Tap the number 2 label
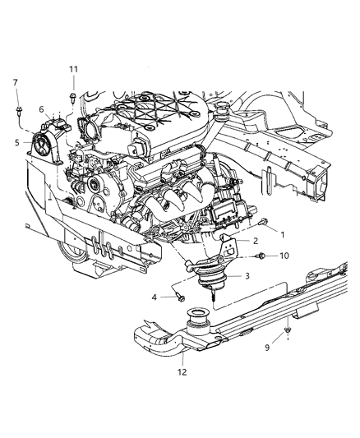[x=256, y=241]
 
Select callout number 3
[x=244, y=275]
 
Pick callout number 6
[x=42, y=109]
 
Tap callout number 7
[x=15, y=82]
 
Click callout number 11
[x=73, y=69]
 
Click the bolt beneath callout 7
[x=17, y=108]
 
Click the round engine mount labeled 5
[x=41, y=151]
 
